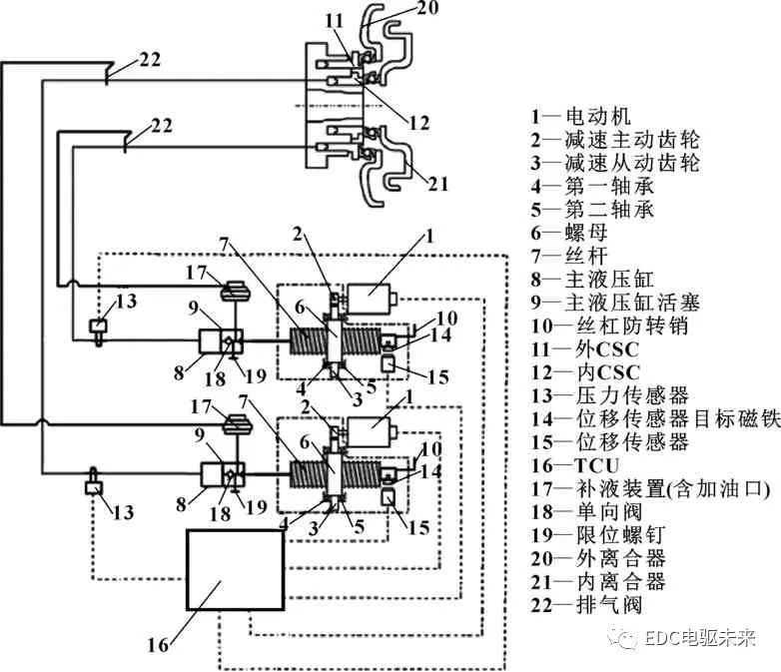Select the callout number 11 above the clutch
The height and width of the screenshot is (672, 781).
coord(334,19)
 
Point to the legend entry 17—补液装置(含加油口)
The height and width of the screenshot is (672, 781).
coord(639,488)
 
